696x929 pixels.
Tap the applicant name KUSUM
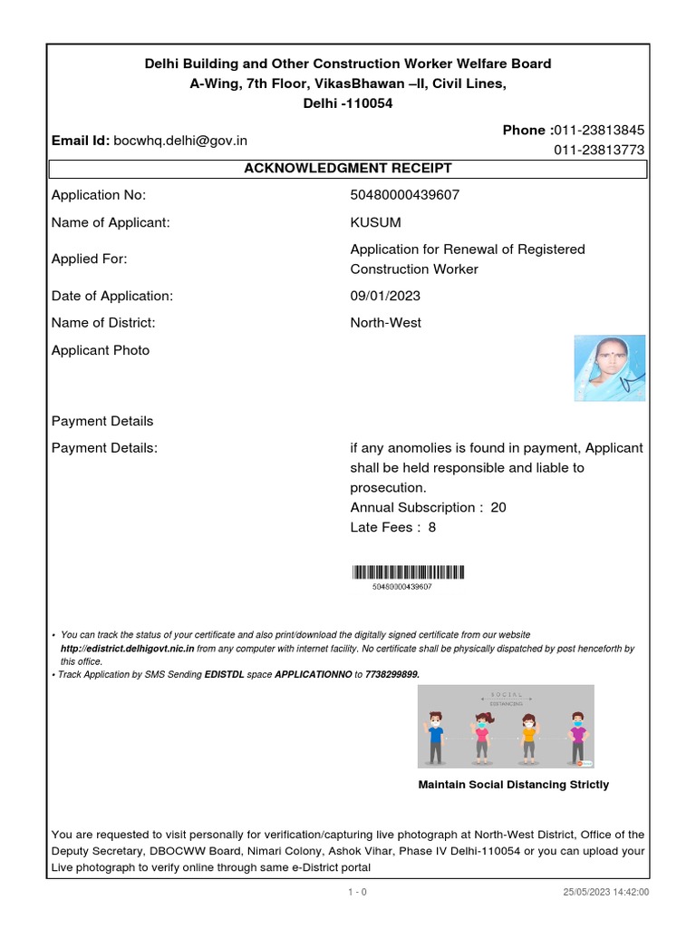coord(375,222)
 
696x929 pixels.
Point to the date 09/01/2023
coord(385,296)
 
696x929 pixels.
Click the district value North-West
coord(385,323)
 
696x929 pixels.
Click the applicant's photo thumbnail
coord(610,367)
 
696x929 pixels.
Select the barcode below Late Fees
coord(408,572)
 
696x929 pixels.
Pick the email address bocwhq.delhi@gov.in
coord(180,141)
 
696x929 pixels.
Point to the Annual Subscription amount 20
coord(498,508)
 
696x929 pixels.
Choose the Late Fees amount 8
coord(432,527)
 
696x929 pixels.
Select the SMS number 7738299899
coord(391,675)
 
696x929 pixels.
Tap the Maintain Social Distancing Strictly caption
coord(513,785)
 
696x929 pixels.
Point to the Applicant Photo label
coord(101,350)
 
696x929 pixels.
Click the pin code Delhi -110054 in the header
coord(348,103)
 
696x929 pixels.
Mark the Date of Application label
coord(112,296)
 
